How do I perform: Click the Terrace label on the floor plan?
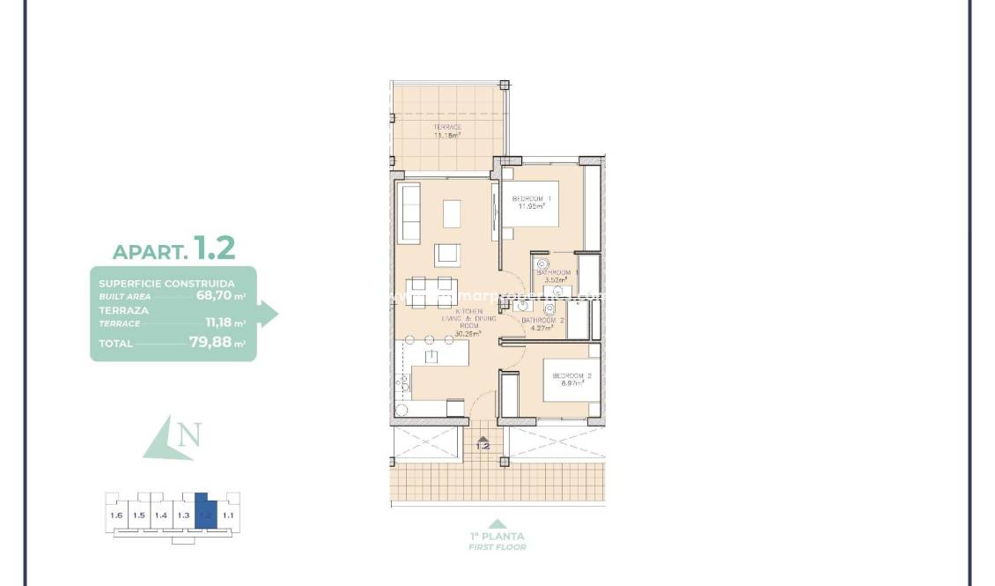447,128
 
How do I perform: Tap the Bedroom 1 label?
532,199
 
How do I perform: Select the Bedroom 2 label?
571,376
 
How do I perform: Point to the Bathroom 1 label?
555,273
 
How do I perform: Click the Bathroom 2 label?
542,321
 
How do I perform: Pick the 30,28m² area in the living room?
467,334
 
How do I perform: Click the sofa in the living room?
409,213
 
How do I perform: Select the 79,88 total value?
210,344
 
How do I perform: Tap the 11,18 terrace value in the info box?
217,323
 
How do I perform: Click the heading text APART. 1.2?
174,248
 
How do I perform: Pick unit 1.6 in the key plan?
115,516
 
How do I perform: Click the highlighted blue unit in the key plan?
205,513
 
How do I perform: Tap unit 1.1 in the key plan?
228,516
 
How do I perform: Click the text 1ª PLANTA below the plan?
497,536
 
